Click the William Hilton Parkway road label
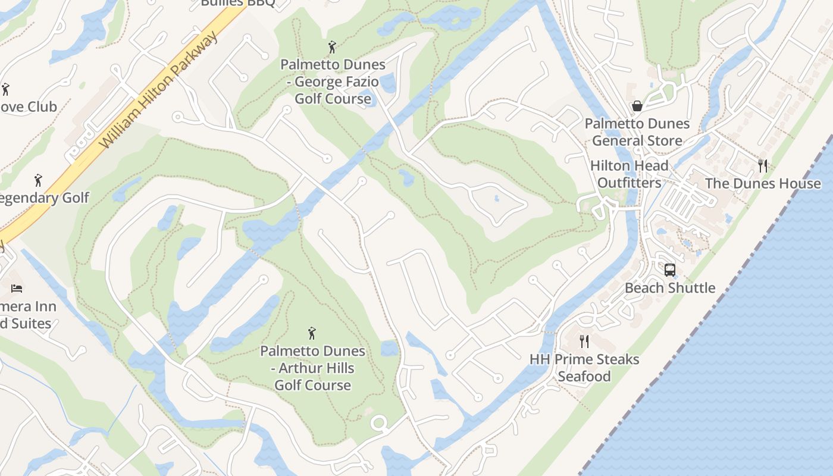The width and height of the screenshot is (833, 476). click(159, 90)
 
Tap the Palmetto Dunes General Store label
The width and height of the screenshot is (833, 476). click(637, 132)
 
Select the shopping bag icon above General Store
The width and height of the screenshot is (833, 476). click(637, 106)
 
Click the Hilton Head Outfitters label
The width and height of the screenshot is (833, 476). click(630, 174)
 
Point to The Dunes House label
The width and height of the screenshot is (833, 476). click(762, 183)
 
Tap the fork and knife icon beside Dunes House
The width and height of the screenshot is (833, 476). click(763, 165)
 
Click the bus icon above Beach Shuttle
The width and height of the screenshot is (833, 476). click(669, 270)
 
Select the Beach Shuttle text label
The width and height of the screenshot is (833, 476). click(669, 288)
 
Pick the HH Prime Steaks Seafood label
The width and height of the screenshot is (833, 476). click(584, 368)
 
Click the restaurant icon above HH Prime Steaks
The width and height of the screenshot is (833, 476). click(584, 341)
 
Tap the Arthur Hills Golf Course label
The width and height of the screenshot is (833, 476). click(312, 368)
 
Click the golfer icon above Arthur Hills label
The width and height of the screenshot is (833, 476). click(311, 333)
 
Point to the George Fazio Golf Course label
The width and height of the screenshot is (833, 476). click(333, 82)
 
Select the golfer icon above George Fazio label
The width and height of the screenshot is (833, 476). click(332, 46)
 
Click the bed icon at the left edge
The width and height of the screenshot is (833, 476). click(17, 289)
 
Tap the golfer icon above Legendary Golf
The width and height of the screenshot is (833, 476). click(39, 180)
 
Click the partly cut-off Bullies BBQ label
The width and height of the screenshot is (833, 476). click(237, 4)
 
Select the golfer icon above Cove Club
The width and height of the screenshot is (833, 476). click(5, 89)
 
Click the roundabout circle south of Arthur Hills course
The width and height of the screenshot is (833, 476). click(378, 424)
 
